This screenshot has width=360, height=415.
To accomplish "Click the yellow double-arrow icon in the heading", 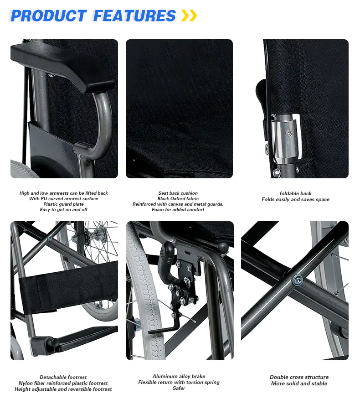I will click(189, 16).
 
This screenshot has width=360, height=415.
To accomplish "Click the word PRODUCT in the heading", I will click(48, 16).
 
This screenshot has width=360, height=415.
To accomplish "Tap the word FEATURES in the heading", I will click(134, 16).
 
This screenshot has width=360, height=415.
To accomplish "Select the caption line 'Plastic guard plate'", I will click(63, 204).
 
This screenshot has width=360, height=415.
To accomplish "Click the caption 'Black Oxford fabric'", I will click(178, 199).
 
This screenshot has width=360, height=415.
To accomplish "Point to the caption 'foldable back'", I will click(295, 193).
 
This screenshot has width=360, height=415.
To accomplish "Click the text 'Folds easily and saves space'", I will click(295, 200).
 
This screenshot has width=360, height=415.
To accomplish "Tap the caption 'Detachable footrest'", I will click(63, 378).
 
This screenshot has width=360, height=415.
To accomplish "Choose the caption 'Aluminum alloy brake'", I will click(179, 377).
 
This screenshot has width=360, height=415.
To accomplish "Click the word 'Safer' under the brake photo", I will click(179, 389).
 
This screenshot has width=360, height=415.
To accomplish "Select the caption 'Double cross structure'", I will click(299, 377).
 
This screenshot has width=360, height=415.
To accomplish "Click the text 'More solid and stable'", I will click(299, 384).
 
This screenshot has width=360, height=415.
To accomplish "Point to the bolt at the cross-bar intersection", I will click(298, 279).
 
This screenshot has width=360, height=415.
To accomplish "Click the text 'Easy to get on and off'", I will click(63, 210).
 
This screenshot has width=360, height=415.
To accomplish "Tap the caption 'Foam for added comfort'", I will click(178, 210).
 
